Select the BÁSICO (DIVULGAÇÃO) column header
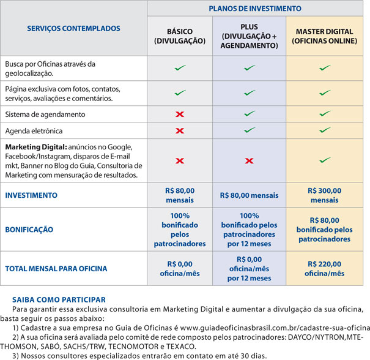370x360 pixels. [x=180, y=37]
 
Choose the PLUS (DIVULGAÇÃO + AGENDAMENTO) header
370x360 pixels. [x=249, y=37]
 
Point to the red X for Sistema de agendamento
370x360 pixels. [x=180, y=114]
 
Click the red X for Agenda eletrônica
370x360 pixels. [x=180, y=131]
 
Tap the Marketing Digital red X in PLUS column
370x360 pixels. [x=249, y=161]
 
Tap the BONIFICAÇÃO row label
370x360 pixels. [x=29, y=230]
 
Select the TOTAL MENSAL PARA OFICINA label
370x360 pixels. [x=56, y=269]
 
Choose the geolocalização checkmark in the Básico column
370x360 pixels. [x=180, y=68]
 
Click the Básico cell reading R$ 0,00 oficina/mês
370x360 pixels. [x=180, y=269]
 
